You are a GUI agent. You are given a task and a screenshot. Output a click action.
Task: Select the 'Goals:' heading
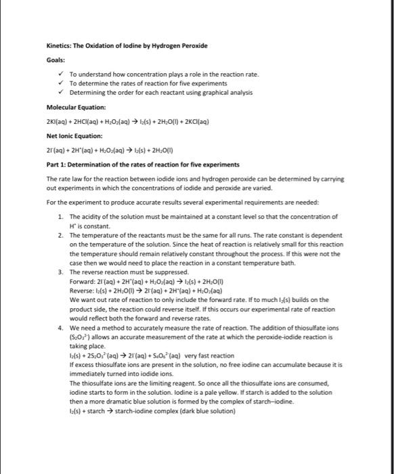tap(56, 59)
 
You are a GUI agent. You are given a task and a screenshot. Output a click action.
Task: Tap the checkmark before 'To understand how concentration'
tap(61, 74)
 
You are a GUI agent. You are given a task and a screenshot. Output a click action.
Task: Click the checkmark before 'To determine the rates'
tap(61, 83)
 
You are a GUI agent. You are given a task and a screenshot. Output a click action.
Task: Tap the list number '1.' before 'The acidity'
tap(61, 216)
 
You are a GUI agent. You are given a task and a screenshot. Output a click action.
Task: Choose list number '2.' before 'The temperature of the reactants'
tap(61, 234)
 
